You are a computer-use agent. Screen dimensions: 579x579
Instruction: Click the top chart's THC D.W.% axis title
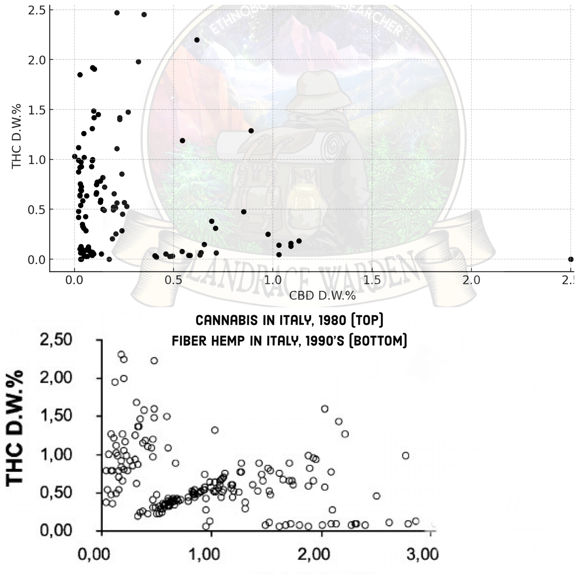[16, 136]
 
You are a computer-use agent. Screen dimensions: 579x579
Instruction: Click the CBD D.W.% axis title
[322, 296]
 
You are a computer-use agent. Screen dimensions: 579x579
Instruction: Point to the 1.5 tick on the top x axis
[372, 280]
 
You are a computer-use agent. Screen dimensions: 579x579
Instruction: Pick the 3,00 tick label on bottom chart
[422, 554]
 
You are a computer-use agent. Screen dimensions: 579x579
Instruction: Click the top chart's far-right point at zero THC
[571, 259]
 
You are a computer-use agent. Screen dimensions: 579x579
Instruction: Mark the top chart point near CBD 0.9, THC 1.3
[251, 131]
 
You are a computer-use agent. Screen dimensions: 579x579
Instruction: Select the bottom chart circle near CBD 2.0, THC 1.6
[325, 409]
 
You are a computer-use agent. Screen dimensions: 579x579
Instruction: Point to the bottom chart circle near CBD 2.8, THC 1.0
[406, 456]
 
